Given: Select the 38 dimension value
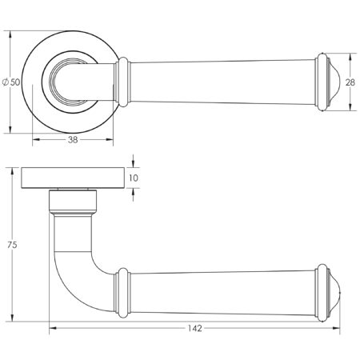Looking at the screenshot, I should click(x=72, y=138).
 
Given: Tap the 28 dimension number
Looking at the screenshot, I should click(x=350, y=81).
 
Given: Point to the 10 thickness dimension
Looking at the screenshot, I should click(x=134, y=178).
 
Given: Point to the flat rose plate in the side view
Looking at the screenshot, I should click(x=73, y=178).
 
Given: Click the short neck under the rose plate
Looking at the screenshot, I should click(x=73, y=202).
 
